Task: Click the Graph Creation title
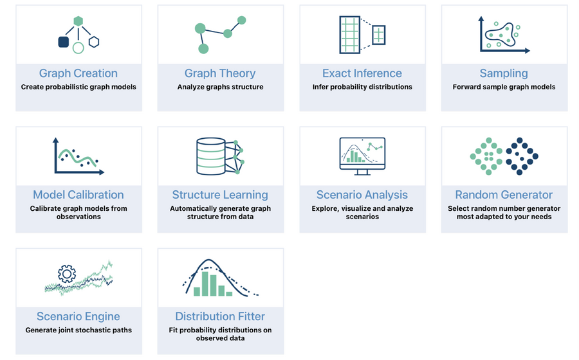tap(78, 73)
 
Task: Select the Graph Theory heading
tap(220, 73)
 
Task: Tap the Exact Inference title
tap(362, 73)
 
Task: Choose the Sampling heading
tap(504, 73)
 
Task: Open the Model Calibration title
tap(78, 195)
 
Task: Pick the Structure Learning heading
tap(220, 195)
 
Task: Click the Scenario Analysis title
tap(362, 195)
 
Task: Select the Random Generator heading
tap(504, 195)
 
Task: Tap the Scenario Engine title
tap(78, 316)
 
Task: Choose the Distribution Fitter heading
tap(220, 316)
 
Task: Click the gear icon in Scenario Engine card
tap(67, 274)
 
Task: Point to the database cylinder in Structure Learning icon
tap(210, 156)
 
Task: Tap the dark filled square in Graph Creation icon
tap(63, 42)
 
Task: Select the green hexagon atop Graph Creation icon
tap(78, 21)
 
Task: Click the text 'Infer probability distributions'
tap(362, 87)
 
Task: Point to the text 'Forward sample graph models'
tap(504, 87)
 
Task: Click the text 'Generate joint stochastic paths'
tap(78, 330)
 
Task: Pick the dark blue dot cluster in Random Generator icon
tap(522, 156)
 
